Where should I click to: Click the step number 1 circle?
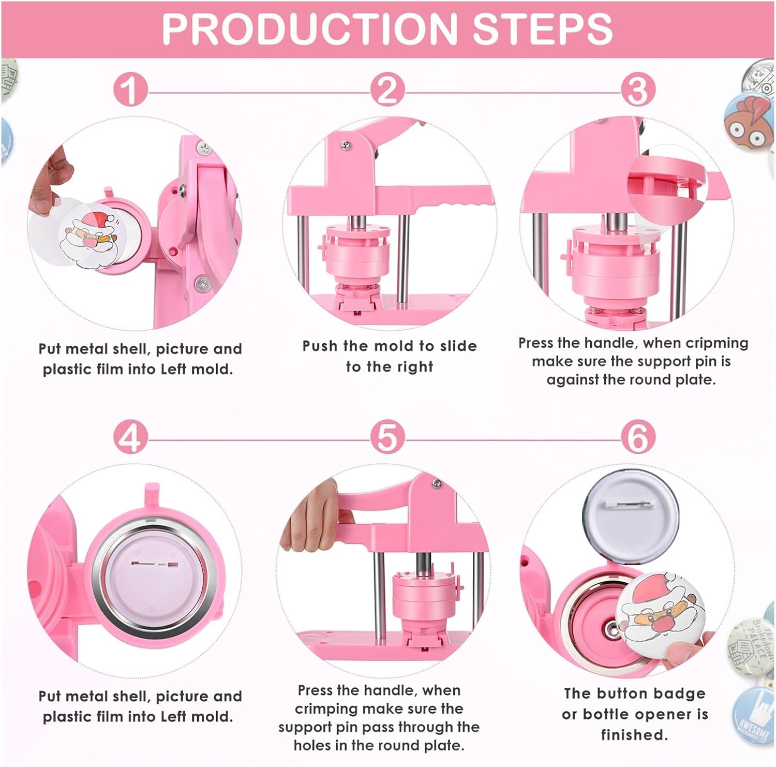coord(130,90)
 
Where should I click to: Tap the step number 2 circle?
coord(387,90)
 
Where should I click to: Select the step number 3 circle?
coord(638,90)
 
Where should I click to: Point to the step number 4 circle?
coord(130,437)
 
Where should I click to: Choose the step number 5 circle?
coord(387,437)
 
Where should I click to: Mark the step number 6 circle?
coord(638,437)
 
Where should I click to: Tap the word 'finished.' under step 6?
coord(634,734)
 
